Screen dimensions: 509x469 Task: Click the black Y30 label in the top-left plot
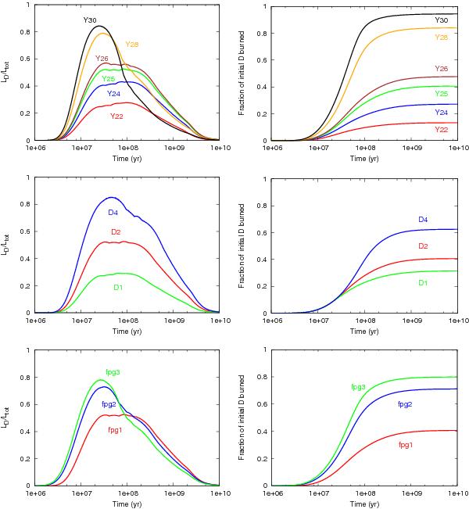click(91, 19)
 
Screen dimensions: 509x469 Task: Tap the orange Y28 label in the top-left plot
click(132, 44)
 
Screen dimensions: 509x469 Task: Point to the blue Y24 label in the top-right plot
click(441, 112)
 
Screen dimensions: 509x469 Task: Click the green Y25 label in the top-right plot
click(441, 93)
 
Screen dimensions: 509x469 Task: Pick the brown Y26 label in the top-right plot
click(441, 68)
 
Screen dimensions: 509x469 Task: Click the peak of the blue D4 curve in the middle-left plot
click(111, 197)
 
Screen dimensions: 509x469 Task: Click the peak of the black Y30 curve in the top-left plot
click(98, 26)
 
